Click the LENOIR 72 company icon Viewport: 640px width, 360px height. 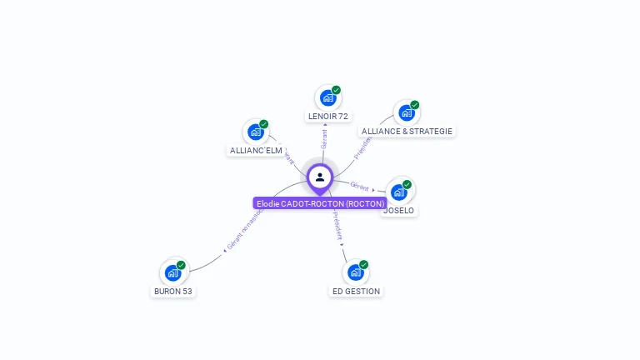pyautogui.click(x=327, y=97)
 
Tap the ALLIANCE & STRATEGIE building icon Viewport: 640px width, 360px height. pyautogui.click(x=406, y=113)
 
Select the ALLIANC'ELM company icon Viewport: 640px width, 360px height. pyautogui.click(x=255, y=132)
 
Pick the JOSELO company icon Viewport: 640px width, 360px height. pyautogui.click(x=398, y=192)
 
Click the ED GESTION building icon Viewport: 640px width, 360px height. pyautogui.click(x=355, y=272)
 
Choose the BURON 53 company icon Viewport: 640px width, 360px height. pyautogui.click(x=172, y=272)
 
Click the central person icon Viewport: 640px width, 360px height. pyautogui.click(x=320, y=177)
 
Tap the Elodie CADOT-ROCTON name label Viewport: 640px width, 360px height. pyautogui.click(x=320, y=203)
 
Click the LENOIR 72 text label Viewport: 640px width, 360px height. pyautogui.click(x=327, y=116)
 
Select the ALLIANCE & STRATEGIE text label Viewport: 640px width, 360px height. pyautogui.click(x=407, y=132)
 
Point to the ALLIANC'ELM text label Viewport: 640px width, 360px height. pyautogui.click(x=256, y=151)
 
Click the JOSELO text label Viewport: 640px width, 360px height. pyautogui.click(x=398, y=211)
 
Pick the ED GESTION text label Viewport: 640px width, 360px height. pyautogui.click(x=356, y=291)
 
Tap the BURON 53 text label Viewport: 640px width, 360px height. pyautogui.click(x=173, y=291)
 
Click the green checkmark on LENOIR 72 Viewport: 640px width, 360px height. pyautogui.click(x=336, y=90)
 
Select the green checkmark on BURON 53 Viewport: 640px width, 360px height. pyautogui.click(x=181, y=265)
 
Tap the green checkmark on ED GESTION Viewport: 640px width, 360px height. pyautogui.click(x=363, y=265)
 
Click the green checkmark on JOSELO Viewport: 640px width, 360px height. pyautogui.click(x=407, y=184)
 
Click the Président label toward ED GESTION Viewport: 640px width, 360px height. pyautogui.click(x=337, y=226)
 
